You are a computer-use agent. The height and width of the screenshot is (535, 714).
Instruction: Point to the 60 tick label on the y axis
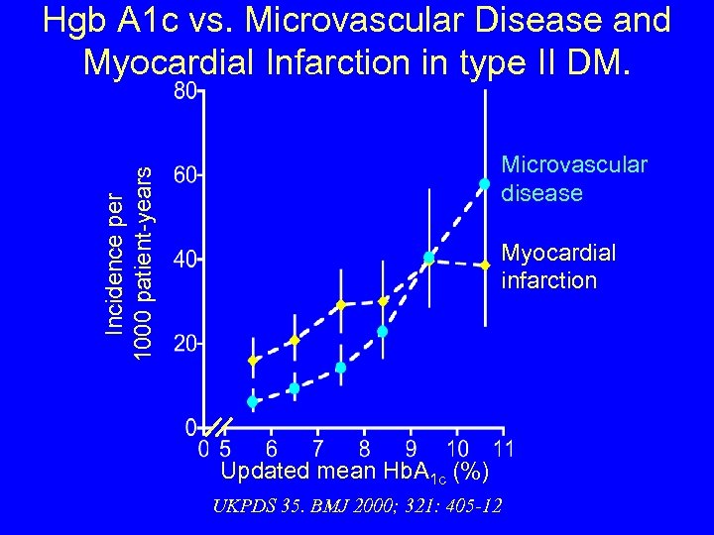184,175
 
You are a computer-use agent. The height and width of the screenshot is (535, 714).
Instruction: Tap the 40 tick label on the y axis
184,260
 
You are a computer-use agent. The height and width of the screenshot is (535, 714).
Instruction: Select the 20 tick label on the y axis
184,344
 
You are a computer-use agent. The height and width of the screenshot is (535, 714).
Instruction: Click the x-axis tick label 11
503,448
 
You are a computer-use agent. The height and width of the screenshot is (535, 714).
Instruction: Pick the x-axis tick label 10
457,448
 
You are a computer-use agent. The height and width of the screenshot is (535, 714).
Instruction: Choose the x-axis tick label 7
317,448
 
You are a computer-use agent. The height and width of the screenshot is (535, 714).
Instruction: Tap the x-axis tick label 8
364,448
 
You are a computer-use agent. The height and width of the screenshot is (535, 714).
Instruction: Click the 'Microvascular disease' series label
574,178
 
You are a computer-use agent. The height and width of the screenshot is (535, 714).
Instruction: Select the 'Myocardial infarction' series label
558,267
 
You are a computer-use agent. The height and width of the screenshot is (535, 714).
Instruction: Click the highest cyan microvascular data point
484,183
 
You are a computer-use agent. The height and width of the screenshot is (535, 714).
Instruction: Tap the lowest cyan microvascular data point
252,401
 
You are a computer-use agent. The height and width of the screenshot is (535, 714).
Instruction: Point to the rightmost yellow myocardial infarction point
484,266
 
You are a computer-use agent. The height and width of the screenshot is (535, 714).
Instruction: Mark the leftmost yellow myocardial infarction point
253,361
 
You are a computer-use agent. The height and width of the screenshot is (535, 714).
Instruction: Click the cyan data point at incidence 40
428,258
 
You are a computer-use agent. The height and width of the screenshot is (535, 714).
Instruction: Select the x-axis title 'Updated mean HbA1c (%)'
353,471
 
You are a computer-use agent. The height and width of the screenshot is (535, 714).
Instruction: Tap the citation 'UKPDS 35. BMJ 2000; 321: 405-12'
357,506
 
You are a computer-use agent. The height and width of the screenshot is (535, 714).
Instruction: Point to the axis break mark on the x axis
213,428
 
